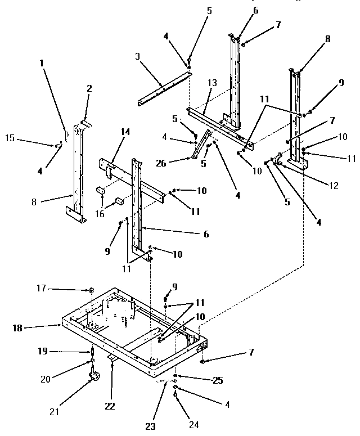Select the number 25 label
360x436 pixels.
coord(217,381)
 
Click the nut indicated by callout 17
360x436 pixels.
coord(91,290)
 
